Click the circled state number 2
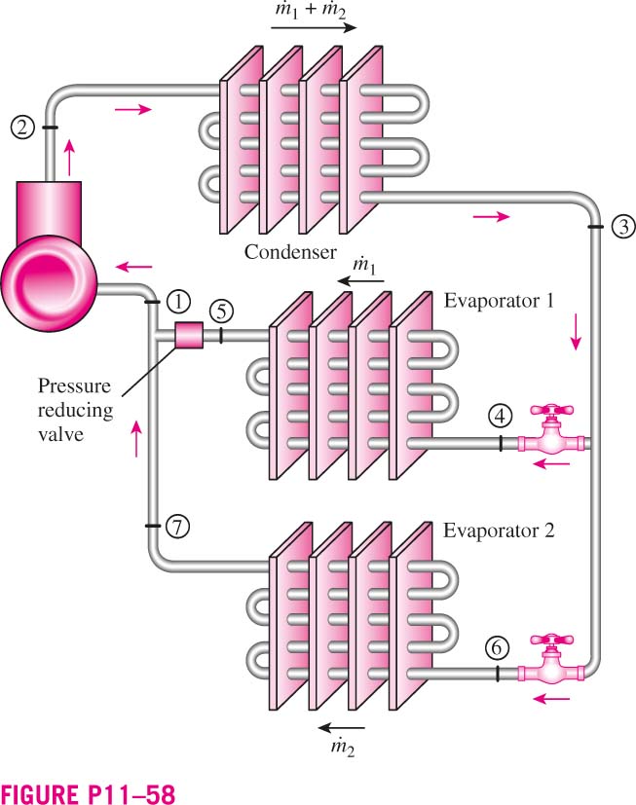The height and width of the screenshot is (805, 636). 22,127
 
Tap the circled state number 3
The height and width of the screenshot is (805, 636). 623,226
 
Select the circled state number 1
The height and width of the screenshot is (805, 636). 178,302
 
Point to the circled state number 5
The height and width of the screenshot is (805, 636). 221,311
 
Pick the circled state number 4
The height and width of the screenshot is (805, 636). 500,416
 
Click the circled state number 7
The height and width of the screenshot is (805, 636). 177,527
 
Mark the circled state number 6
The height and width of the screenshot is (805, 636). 497,648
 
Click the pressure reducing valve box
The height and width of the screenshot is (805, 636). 189,335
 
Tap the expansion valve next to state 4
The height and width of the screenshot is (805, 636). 551,430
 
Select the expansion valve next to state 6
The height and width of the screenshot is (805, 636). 551,660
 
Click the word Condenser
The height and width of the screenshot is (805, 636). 290,252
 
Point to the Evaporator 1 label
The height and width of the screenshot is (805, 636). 499,301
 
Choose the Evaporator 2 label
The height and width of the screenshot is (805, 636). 499,531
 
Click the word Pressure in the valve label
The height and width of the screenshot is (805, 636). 74,385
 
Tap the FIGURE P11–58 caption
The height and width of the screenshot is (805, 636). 88,793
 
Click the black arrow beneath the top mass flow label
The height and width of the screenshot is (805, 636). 314,27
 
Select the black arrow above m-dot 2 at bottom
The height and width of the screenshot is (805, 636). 341,727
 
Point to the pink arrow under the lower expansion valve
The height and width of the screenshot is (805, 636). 551,699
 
